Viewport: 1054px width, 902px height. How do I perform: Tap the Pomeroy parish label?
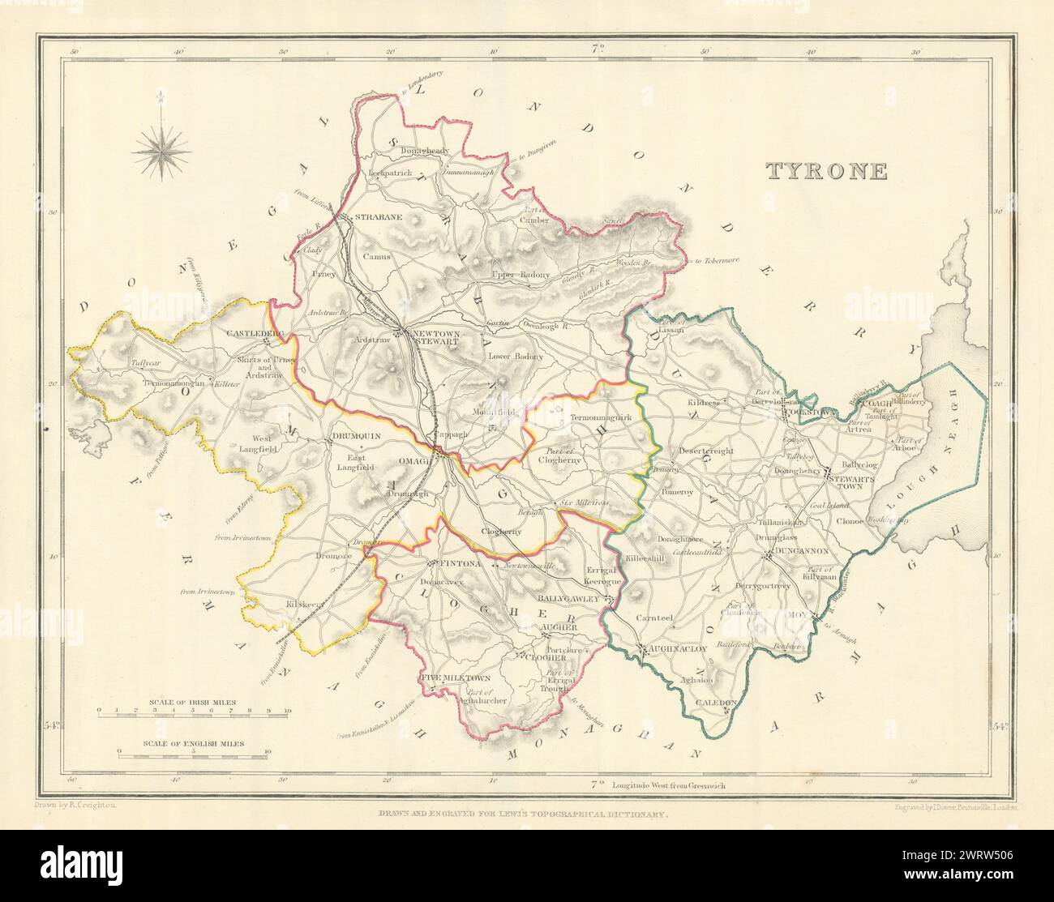(678, 492)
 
